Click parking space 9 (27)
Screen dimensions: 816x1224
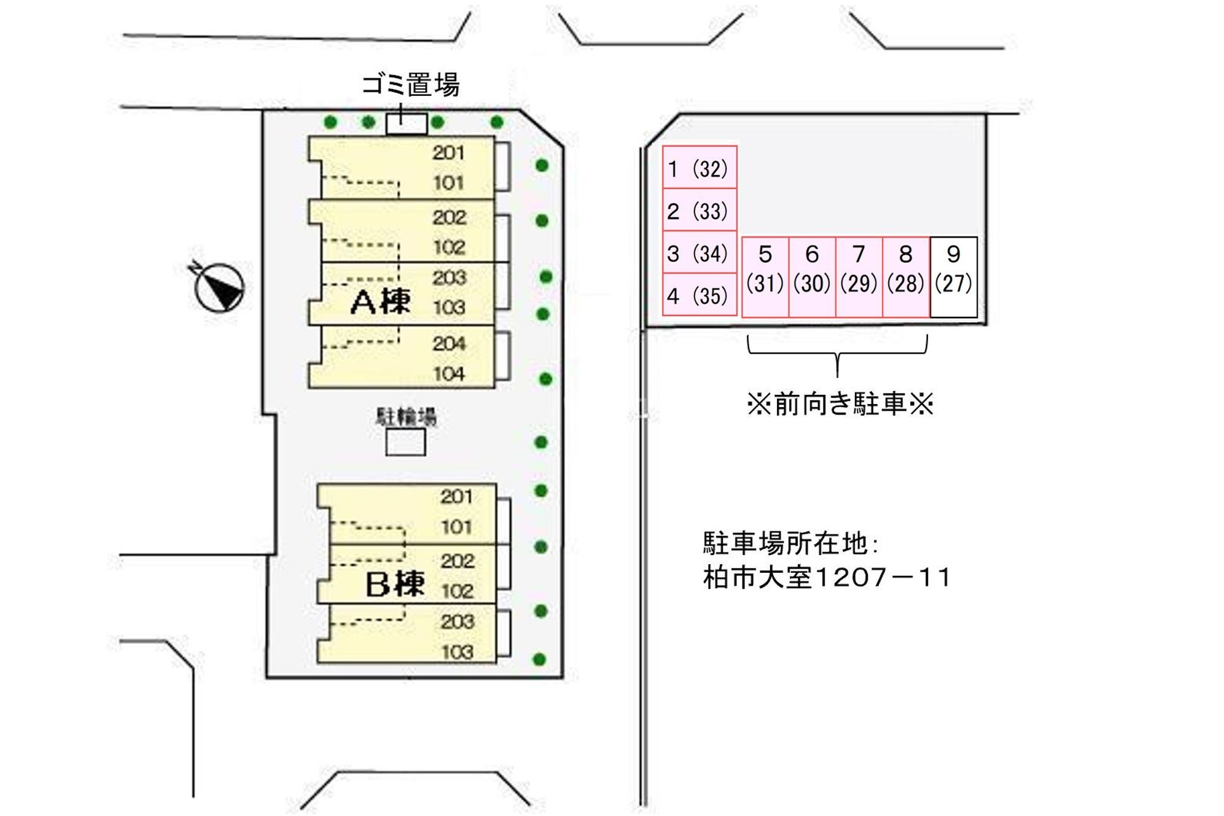point(953,277)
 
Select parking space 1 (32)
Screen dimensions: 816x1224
point(699,168)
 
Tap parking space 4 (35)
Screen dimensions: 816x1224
point(699,295)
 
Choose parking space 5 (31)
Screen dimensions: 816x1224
point(765,277)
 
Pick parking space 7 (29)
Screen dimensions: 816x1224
point(859,277)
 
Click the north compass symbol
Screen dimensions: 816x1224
point(219,287)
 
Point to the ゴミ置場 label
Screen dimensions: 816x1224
point(410,85)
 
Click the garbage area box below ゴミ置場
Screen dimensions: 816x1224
point(407,123)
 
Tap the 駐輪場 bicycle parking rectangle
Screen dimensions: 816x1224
point(405,442)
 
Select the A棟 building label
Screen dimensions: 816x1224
point(381,302)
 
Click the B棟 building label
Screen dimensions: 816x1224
point(395,584)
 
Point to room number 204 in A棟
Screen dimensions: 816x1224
point(449,344)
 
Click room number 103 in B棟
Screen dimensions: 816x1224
point(458,651)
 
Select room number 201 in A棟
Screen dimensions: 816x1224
point(448,153)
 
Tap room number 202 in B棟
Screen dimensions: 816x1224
point(458,561)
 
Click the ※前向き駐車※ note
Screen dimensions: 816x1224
point(840,405)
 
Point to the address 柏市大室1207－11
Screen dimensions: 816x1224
point(827,578)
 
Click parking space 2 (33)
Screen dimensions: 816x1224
point(699,211)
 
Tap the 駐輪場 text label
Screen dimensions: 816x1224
point(406,417)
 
